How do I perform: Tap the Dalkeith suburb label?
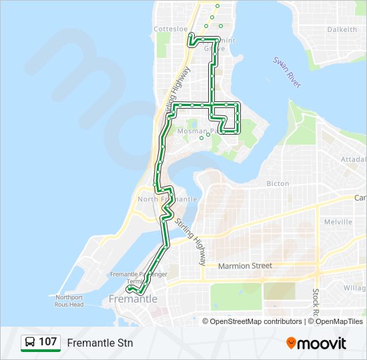pos(342,29)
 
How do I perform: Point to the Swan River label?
pos(288,71)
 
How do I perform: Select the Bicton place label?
pos(278,183)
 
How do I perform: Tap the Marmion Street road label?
pos(246,266)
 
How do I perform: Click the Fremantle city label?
pos(133,299)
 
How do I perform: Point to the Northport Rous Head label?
pos(70,301)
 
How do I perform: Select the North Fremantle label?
pos(167,199)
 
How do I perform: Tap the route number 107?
pos(47,342)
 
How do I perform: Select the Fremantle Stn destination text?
pos(100,343)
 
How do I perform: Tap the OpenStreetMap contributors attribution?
pos(255,321)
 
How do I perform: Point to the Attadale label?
pos(353,160)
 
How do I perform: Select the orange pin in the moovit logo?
pos(291,343)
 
